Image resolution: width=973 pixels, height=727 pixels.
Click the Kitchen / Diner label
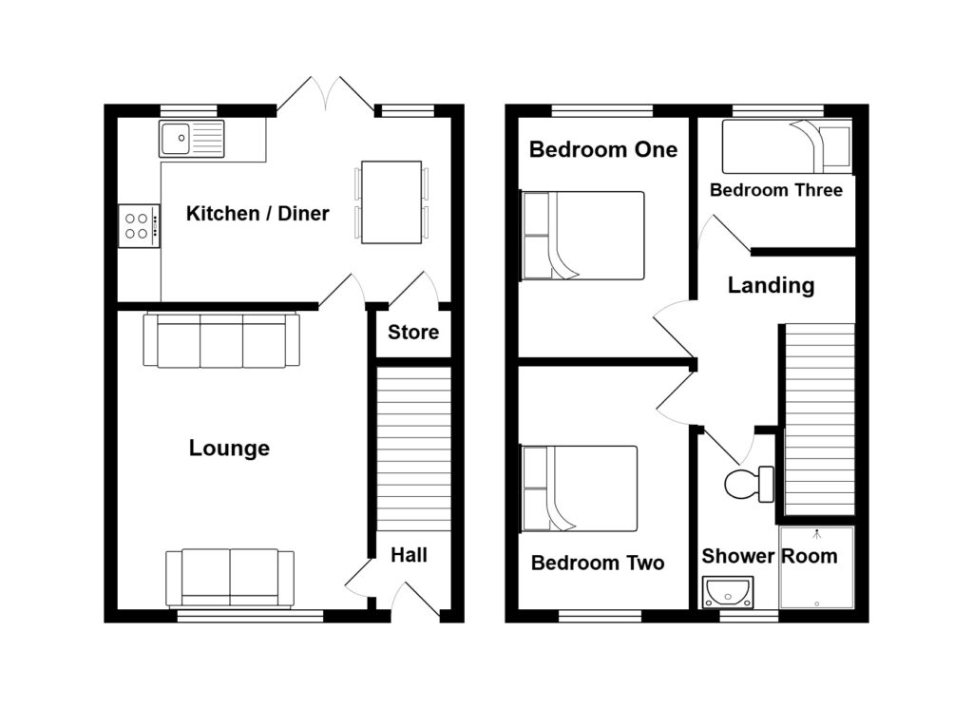(258, 213)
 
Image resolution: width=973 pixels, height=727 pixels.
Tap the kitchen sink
(191, 139)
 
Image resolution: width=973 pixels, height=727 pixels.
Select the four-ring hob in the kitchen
(139, 226)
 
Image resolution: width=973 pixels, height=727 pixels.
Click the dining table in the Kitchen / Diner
(392, 201)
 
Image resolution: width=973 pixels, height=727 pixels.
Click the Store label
(413, 332)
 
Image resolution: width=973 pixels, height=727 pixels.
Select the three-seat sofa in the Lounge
(221, 341)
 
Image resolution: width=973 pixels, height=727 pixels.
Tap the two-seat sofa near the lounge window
(230, 577)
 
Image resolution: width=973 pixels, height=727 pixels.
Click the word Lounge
(229, 449)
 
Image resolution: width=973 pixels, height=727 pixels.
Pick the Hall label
(409, 555)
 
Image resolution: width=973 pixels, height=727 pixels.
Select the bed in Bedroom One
(583, 236)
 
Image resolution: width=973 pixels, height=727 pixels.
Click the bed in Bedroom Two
(580, 488)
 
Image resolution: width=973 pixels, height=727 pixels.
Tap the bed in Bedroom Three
(786, 146)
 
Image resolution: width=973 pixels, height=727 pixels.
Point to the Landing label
(771, 285)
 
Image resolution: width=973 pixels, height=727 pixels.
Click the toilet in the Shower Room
(750, 484)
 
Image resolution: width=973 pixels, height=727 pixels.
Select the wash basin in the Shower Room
(728, 592)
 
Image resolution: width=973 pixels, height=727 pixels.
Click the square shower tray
(816, 567)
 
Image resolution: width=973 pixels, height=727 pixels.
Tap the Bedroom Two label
(598, 563)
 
